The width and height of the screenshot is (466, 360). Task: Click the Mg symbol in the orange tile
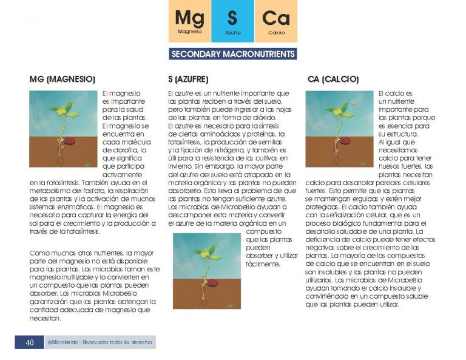189,18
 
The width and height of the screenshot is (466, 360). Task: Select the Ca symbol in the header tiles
276,18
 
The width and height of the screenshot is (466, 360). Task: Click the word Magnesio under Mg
189,31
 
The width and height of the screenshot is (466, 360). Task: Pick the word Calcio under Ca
276,32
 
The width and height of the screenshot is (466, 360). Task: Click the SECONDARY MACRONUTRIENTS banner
233,54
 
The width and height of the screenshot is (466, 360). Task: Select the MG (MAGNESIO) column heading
62,80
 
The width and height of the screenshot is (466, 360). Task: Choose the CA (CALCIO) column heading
333,80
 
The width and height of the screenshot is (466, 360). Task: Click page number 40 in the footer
29,342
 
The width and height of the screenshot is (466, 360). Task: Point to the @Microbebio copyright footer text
100,342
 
